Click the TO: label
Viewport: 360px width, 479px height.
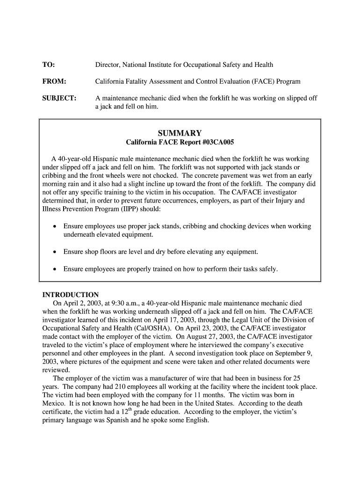[49, 65]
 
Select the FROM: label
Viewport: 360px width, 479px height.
[54, 81]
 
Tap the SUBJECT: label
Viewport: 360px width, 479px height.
[59, 98]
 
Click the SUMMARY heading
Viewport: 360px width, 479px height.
[180, 133]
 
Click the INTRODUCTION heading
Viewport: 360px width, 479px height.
[71, 295]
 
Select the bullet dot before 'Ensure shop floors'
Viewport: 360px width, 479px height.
[55, 252]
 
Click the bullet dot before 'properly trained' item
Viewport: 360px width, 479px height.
[55, 269]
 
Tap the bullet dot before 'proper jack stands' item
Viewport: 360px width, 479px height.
[55, 226]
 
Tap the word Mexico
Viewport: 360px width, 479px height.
[54, 404]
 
